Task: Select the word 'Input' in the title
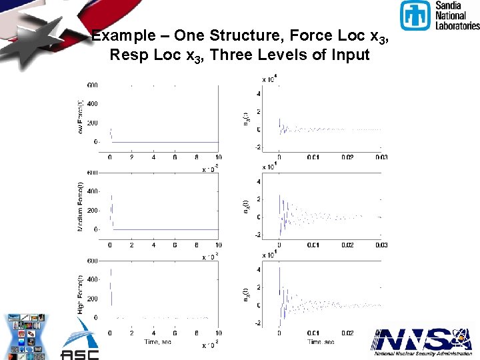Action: pyautogui.click(x=349, y=55)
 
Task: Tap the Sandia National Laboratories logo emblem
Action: pyautogui.click(x=415, y=15)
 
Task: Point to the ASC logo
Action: pyautogui.click(x=80, y=341)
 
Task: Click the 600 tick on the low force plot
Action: pyautogui.click(x=92, y=85)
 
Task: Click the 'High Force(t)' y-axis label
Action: pyautogui.click(x=80, y=294)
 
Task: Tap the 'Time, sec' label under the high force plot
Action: pyautogui.click(x=158, y=341)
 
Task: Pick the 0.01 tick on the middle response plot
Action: pyautogui.click(x=313, y=245)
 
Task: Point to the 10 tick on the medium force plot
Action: pyautogui.click(x=219, y=245)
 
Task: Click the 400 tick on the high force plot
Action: pyautogui.click(x=92, y=279)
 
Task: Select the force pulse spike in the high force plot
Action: pyautogui.click(x=111, y=287)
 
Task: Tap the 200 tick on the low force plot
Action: pyautogui.click(x=92, y=123)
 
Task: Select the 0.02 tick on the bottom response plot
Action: pyautogui.click(x=347, y=332)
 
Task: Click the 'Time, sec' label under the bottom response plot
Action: pyautogui.click(x=321, y=341)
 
